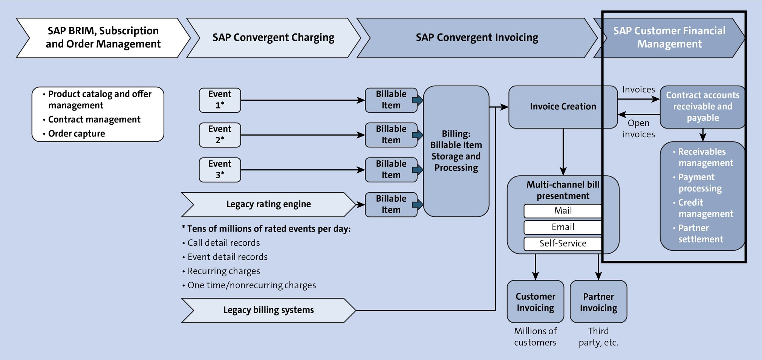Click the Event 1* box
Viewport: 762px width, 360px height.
220,100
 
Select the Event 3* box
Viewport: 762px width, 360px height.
220,170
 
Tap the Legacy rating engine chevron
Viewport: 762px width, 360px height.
268,204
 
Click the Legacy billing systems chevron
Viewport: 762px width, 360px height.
268,310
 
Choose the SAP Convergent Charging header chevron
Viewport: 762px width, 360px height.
273,38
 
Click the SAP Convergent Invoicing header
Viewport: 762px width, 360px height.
477,38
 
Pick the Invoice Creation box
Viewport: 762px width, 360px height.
563,107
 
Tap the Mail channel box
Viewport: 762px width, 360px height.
563,211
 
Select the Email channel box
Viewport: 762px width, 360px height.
563,227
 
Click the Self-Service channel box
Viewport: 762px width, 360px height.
563,244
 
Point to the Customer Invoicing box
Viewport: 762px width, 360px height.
535,302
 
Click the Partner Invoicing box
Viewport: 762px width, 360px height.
598,302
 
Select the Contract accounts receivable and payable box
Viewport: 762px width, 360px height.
702,107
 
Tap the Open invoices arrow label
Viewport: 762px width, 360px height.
638,129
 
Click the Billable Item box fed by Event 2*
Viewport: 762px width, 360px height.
391,135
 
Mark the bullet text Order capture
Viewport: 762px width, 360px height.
77,133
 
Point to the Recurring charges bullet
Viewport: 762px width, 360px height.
223,271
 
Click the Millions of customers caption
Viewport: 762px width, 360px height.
535,337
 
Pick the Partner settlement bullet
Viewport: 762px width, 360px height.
700,233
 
